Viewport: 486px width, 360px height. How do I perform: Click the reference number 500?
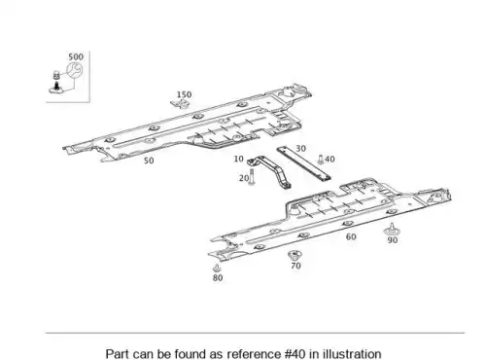pyautogui.click(x=76, y=56)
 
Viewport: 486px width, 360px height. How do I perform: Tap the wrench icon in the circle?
pyautogui.click(x=75, y=70)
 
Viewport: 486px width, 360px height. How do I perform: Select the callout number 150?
pyautogui.click(x=184, y=94)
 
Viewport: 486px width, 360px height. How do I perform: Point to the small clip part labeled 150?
pyautogui.click(x=180, y=104)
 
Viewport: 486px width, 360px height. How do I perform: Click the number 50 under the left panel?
pyautogui.click(x=149, y=161)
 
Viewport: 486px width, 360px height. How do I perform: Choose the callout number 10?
pyautogui.click(x=238, y=159)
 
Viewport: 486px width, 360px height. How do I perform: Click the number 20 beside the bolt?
pyautogui.click(x=244, y=178)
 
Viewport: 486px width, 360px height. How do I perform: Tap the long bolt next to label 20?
pyautogui.click(x=252, y=178)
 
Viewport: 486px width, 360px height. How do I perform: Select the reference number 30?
pyautogui.click(x=300, y=149)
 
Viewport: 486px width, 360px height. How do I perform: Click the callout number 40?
pyautogui.click(x=330, y=160)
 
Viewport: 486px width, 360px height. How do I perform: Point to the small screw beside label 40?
pyautogui.click(x=321, y=160)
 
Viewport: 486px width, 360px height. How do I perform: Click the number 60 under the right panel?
pyautogui.click(x=351, y=236)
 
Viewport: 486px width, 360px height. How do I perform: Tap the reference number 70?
pyautogui.click(x=295, y=266)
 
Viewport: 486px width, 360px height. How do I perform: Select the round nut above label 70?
pyautogui.click(x=295, y=255)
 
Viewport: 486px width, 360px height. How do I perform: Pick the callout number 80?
pyautogui.click(x=218, y=278)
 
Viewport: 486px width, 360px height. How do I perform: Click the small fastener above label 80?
pyautogui.click(x=217, y=269)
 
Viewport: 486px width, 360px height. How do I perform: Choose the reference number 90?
pyautogui.click(x=393, y=240)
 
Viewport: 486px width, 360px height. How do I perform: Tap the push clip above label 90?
pyautogui.click(x=392, y=230)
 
